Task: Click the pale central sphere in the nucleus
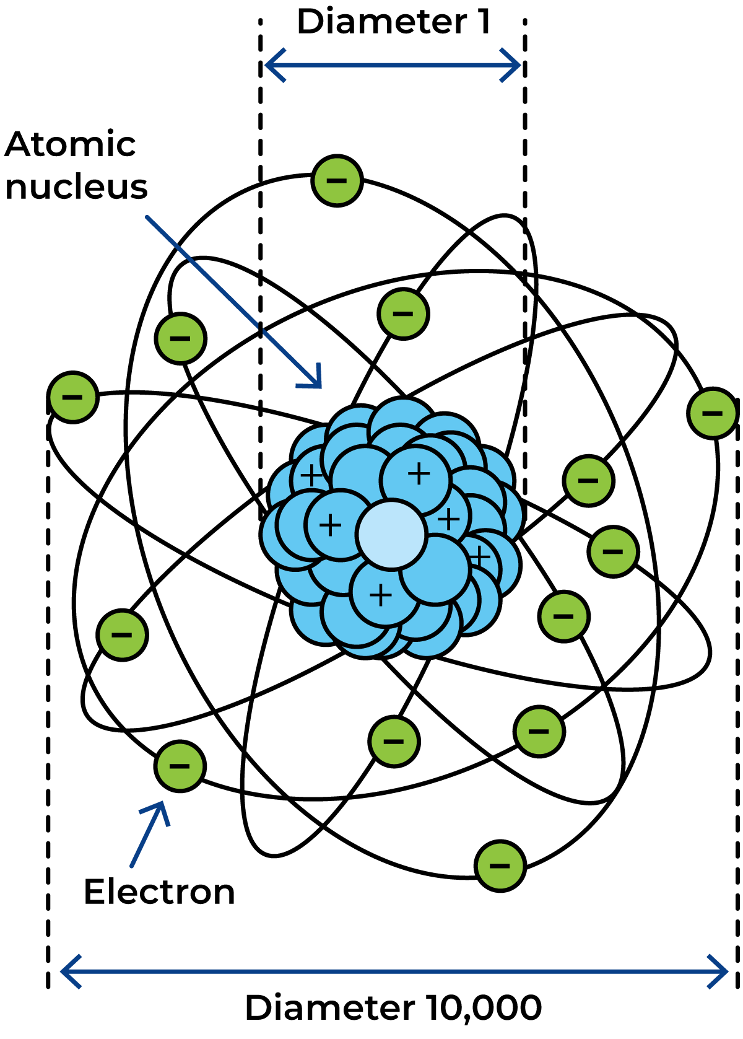391,534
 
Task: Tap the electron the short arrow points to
180,766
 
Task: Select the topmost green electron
337,181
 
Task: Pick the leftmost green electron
72,397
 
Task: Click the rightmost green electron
713,413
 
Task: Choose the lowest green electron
500,866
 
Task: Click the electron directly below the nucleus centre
394,742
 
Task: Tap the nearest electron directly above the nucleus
403,314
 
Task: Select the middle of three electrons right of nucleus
613,551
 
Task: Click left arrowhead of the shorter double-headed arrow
269,64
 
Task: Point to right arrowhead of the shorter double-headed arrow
517,64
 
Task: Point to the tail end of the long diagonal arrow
147,217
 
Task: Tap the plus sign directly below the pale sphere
380,595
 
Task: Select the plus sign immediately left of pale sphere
330,525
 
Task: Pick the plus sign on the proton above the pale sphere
419,474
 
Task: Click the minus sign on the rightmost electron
713,413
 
